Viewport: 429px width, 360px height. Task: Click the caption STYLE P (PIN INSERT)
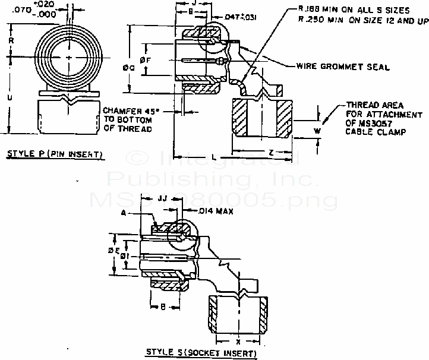(x=55, y=156)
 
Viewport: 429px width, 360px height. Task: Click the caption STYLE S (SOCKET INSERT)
(x=202, y=353)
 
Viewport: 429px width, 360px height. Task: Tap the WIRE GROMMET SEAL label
(x=343, y=67)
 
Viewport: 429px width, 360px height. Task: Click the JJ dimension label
(x=163, y=200)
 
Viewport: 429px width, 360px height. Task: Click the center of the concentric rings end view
(x=70, y=57)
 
